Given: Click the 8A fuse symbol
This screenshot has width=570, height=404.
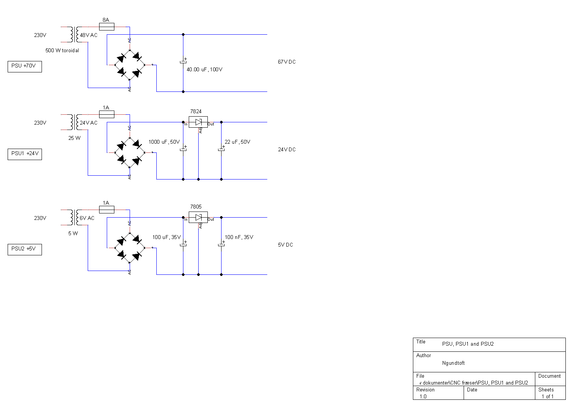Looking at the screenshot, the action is [x=107, y=27].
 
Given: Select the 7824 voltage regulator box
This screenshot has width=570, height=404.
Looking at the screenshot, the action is [x=198, y=122].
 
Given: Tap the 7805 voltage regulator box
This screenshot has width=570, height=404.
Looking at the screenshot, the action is [x=198, y=217].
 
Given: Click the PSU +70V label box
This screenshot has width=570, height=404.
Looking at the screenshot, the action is [x=25, y=67].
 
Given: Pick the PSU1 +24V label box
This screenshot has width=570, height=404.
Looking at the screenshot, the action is [x=25, y=154].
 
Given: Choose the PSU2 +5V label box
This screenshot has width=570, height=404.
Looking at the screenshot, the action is [x=25, y=249].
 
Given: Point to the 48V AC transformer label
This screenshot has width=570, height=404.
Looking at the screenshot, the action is [x=88, y=35].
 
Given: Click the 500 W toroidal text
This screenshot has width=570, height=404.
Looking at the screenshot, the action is [x=62, y=50].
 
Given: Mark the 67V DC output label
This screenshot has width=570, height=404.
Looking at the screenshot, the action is [x=287, y=62].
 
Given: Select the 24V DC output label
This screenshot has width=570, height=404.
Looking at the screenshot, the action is [x=287, y=149].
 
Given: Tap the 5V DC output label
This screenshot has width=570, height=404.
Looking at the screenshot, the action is [x=286, y=245].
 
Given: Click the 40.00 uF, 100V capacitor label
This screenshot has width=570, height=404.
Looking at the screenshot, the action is [x=205, y=69].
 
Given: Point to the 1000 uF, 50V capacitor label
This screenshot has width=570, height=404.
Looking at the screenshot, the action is [x=164, y=142].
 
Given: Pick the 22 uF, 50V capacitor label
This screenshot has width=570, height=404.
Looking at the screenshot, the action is [x=238, y=142].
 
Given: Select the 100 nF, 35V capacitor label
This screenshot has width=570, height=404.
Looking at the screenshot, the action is [x=239, y=237].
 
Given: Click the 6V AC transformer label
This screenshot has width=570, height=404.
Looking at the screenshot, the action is [x=87, y=218].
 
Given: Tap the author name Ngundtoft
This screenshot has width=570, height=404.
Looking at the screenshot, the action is [x=453, y=363].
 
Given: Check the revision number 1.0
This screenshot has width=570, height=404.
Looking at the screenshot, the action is [x=423, y=396].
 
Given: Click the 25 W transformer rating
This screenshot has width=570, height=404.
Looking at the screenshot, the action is [x=74, y=138].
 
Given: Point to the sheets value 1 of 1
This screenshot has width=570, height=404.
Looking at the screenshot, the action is [x=548, y=396].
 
